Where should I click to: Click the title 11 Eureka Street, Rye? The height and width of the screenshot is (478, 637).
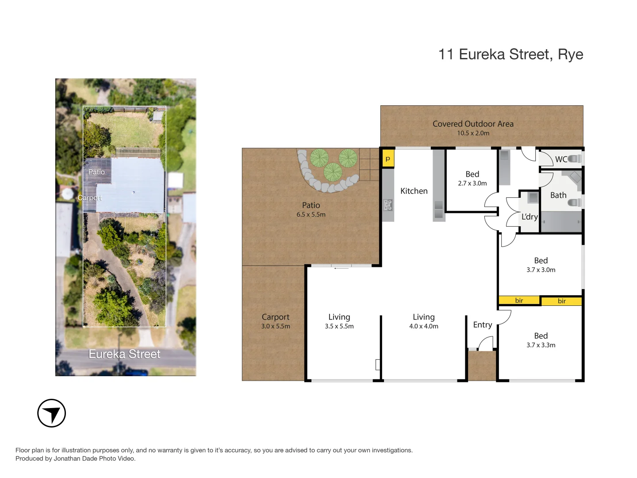tap(510, 54)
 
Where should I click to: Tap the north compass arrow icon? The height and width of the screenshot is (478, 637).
tap(52, 413)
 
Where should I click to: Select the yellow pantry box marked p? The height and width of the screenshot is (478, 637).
tap(388, 158)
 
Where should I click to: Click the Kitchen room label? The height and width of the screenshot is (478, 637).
tap(414, 191)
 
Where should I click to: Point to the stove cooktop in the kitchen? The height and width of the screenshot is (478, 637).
tap(388, 205)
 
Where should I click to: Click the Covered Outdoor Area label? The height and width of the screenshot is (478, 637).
tap(473, 124)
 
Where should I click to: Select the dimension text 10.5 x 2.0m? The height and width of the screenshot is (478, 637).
tap(473, 133)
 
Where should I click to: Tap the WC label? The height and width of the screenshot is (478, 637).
tap(561, 159)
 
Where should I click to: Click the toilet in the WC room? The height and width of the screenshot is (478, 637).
tap(575, 158)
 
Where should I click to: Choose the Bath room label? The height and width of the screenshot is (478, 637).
tap(558, 195)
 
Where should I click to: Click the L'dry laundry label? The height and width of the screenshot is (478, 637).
tap(530, 217)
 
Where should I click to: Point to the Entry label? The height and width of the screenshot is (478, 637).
tap(482, 325)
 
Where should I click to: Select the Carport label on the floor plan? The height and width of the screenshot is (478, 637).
tap(275, 317)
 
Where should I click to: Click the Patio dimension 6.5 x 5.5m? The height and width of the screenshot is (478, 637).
tap(311, 215)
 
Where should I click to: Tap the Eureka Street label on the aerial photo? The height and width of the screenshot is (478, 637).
tap(124, 354)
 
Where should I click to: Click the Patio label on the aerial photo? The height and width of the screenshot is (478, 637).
tap(96, 172)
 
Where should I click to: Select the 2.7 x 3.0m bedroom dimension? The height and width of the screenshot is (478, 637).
tap(472, 183)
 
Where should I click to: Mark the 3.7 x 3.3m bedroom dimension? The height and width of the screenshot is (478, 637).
tap(541, 345)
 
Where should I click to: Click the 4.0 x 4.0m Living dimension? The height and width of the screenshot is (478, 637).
tap(423, 326)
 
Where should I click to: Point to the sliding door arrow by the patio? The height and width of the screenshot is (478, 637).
tap(341, 268)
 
